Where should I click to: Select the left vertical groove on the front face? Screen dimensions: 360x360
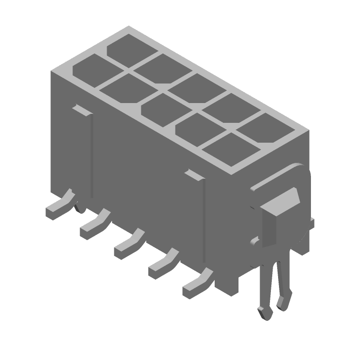[92, 155]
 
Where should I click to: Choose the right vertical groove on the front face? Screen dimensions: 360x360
[204, 220]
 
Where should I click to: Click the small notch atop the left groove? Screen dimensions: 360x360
[82, 108]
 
